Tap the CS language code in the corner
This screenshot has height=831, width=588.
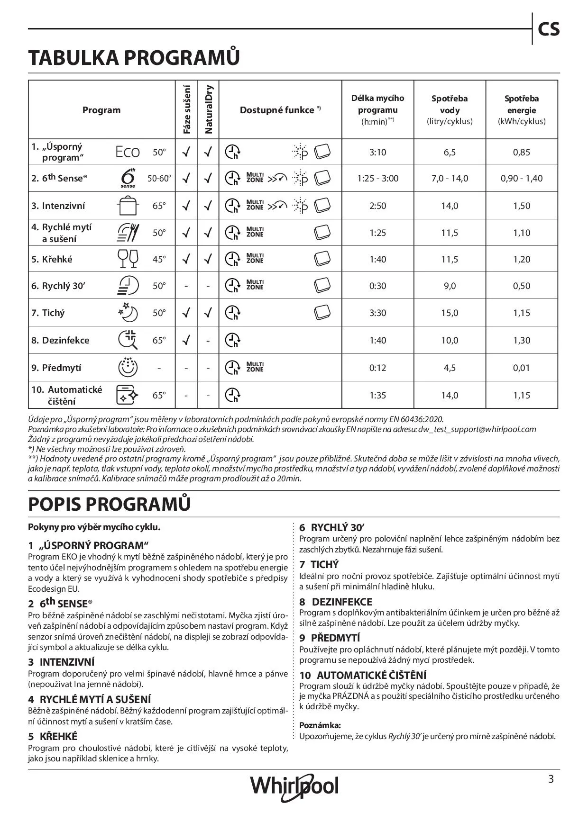[x=549, y=29]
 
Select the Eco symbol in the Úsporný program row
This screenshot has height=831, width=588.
[x=128, y=152]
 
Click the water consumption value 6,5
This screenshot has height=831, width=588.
[x=450, y=152]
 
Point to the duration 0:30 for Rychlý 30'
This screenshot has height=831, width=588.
[x=377, y=286]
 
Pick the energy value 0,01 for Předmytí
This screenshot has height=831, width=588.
[x=521, y=368]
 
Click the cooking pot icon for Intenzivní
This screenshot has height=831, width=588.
[x=128, y=206]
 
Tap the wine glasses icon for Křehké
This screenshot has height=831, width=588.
[x=128, y=259]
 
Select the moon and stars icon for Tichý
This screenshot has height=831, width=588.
[x=128, y=313]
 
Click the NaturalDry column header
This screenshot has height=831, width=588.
[x=208, y=109]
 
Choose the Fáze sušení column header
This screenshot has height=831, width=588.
[x=186, y=109]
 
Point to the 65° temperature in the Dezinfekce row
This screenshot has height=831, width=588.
[x=159, y=340]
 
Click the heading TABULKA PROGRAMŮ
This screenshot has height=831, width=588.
[x=134, y=58]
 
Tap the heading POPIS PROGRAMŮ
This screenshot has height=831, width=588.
[x=110, y=504]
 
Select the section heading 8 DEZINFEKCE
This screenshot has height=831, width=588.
[x=336, y=602]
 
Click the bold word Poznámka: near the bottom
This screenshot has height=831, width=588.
[x=320, y=725]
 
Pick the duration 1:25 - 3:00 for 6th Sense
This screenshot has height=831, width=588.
[x=377, y=179]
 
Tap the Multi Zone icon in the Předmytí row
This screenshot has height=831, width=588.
[x=255, y=367]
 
